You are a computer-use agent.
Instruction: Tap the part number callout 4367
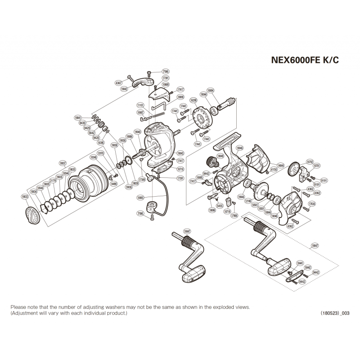119,83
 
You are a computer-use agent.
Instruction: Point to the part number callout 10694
222,90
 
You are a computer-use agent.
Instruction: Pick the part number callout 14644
281,166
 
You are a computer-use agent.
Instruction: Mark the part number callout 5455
220,205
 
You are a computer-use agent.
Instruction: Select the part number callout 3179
53,181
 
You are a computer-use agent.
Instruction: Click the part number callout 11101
140,105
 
